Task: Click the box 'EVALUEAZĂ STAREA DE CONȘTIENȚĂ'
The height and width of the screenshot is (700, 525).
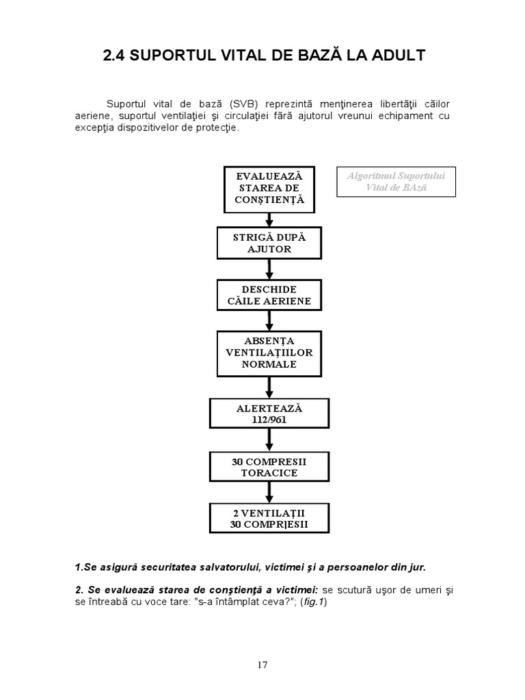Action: tap(269, 188)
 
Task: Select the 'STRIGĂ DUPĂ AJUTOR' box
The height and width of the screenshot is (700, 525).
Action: tap(269, 243)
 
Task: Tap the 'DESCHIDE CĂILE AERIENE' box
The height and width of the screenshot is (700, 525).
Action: tap(269, 295)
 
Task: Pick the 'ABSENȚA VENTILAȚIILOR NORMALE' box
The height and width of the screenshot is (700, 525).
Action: tap(269, 353)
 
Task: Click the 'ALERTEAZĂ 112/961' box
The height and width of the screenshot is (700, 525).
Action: tap(269, 414)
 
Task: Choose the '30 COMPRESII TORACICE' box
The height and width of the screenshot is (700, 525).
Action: tap(269, 467)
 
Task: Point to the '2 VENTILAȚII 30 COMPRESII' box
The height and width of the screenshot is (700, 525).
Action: tap(269, 519)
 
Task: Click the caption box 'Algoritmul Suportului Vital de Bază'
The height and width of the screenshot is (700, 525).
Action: tap(396, 181)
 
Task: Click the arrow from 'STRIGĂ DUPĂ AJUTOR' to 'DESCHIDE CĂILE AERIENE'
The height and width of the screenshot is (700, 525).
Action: tap(269, 269)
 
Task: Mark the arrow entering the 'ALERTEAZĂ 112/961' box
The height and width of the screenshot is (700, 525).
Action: tap(269, 388)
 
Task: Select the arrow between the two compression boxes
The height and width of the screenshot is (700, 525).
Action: tap(269, 493)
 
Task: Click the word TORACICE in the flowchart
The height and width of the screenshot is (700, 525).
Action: tap(269, 472)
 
